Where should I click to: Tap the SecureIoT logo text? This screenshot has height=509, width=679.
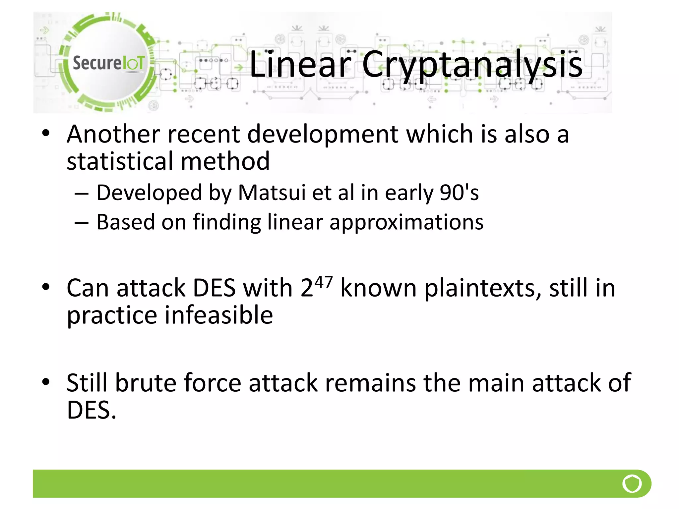coord(109,63)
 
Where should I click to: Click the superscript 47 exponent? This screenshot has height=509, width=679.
coord(323,282)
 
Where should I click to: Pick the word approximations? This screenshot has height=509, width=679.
coord(406,222)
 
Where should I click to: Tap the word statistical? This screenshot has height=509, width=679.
coord(120,161)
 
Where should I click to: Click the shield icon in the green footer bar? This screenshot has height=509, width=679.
coord(632,483)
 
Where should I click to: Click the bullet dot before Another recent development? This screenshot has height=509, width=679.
coord(46,133)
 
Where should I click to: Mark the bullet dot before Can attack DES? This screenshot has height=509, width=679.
coord(46,287)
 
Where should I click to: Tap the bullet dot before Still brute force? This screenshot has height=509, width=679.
coord(46,382)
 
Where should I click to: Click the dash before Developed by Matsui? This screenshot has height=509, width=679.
coord(82,193)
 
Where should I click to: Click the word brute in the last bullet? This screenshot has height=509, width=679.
coord(146,383)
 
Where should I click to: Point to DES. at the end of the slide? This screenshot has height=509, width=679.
coord(92,410)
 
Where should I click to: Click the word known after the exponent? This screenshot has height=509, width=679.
coord(378,288)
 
